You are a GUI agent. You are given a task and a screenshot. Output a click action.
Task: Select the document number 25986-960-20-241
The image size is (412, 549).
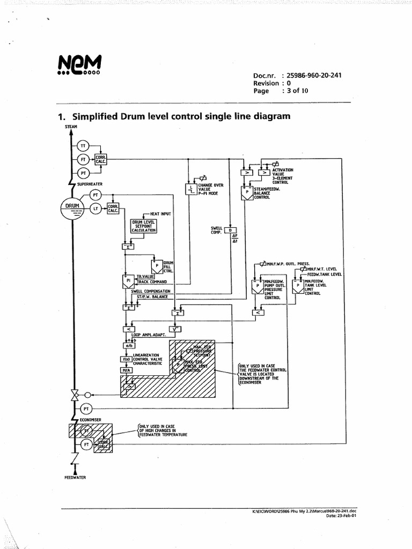(x=314, y=76)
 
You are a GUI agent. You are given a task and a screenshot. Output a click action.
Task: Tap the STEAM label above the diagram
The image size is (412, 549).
(x=71, y=127)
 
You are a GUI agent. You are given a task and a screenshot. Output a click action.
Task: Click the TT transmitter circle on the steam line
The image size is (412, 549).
(x=83, y=146)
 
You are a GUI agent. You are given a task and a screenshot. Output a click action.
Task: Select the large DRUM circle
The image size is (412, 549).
(x=72, y=207)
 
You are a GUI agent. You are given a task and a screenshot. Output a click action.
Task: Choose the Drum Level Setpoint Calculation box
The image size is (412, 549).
(x=143, y=226)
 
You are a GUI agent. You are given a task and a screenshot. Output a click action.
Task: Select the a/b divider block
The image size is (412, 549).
(x=129, y=346)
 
